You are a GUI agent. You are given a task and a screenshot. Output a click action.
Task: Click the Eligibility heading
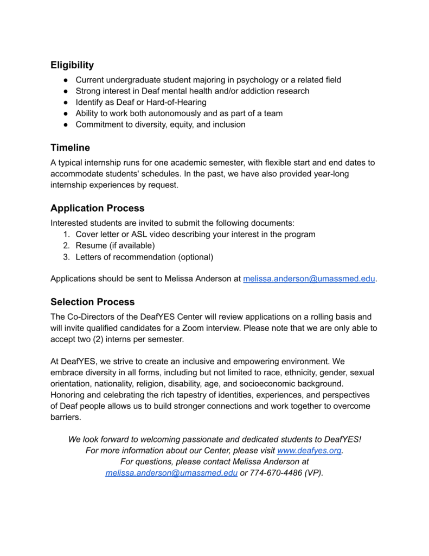point(72,65)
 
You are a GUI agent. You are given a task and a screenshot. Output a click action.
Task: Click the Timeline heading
point(70,148)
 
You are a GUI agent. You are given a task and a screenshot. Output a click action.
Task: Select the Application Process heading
point(97,208)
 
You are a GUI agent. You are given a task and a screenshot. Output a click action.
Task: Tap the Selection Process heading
point(92,302)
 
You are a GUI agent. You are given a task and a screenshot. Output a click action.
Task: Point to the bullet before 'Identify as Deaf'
point(65,102)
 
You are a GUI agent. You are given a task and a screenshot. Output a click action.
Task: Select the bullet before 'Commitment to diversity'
point(65,124)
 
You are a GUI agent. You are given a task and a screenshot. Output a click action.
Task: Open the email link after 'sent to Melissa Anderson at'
point(309,279)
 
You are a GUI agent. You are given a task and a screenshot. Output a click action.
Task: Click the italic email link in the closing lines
point(171,473)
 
